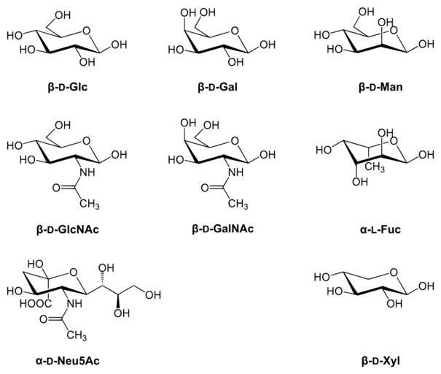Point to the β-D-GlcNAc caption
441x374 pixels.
pos(67,229)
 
